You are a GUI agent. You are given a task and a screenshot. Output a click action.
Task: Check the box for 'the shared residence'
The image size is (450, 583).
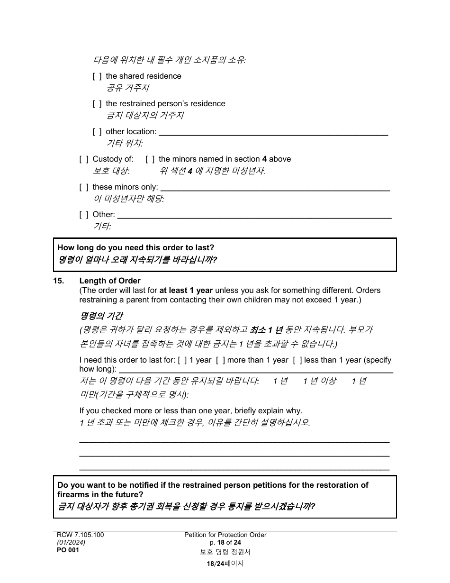[97, 76]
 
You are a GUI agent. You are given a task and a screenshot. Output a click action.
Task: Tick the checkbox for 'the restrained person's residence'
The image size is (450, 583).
[97, 104]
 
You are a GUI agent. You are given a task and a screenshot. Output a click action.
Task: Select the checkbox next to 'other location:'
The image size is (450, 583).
[97, 132]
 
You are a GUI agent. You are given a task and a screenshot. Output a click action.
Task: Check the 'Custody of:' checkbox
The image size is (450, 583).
[83, 159]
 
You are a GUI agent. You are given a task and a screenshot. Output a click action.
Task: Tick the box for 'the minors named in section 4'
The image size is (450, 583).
[150, 159]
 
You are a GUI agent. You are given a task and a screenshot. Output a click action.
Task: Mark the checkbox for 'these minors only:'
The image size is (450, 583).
[83, 187]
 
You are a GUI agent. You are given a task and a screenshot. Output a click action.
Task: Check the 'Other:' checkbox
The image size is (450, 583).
[83, 215]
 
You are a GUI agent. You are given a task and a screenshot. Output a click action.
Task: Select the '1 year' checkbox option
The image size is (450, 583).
[182, 360]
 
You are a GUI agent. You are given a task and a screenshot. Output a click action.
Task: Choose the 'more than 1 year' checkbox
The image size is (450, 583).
[220, 360]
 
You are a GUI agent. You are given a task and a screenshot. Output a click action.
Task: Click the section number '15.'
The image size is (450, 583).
[58, 281]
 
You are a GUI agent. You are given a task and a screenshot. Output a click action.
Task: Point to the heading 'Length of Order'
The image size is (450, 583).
[110, 281]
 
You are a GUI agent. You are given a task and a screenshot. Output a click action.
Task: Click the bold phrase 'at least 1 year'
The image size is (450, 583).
[186, 290]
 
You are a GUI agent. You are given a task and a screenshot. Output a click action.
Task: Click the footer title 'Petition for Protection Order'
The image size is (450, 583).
[225, 535]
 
